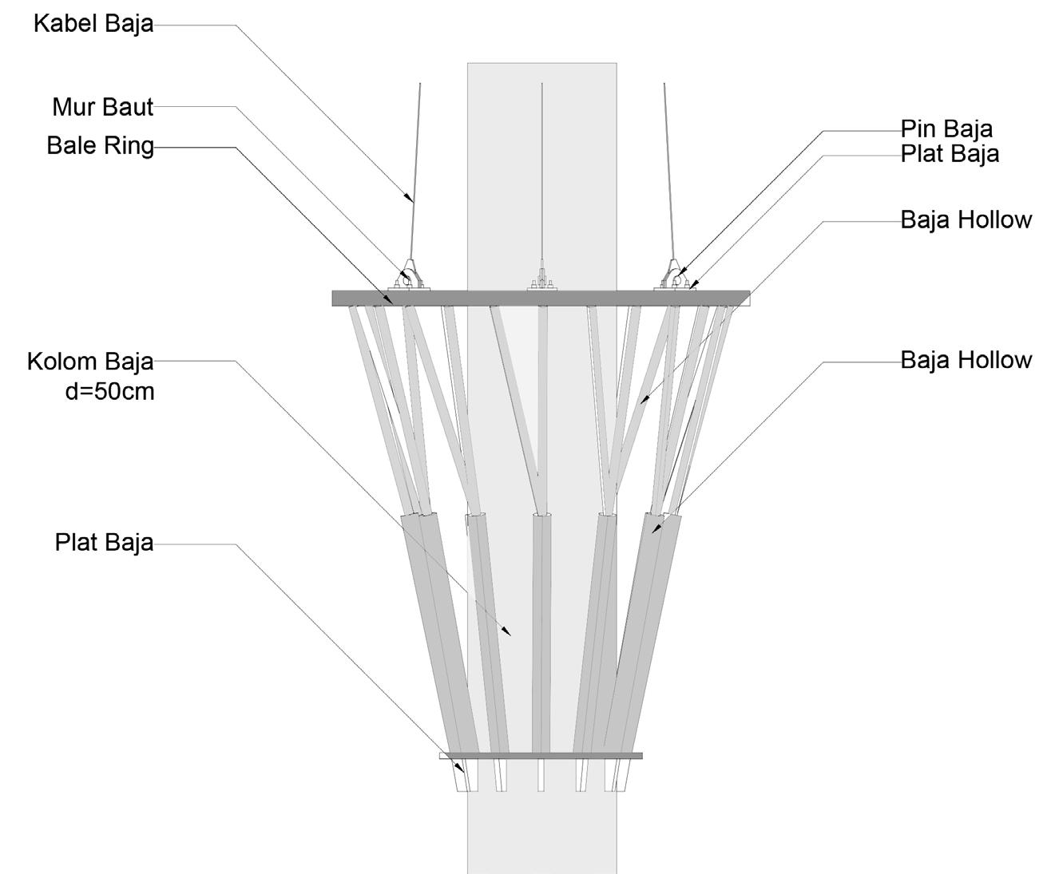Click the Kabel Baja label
pyautogui.click(x=93, y=24)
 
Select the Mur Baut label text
pyautogui.click(x=103, y=106)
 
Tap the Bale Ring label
pyautogui.click(x=101, y=146)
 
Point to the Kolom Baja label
pyautogui.click(x=90, y=361)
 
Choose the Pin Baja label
pyautogui.click(x=946, y=129)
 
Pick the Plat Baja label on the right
pyautogui.click(x=950, y=153)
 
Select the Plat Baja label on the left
pyautogui.click(x=104, y=543)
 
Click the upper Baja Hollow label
pyautogui.click(x=966, y=219)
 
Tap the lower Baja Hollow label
pyautogui.click(x=966, y=360)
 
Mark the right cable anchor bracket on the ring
pyautogui.click(x=675, y=276)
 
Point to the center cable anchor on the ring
pyautogui.click(x=542, y=280)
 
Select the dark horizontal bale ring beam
pyautogui.click(x=541, y=298)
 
